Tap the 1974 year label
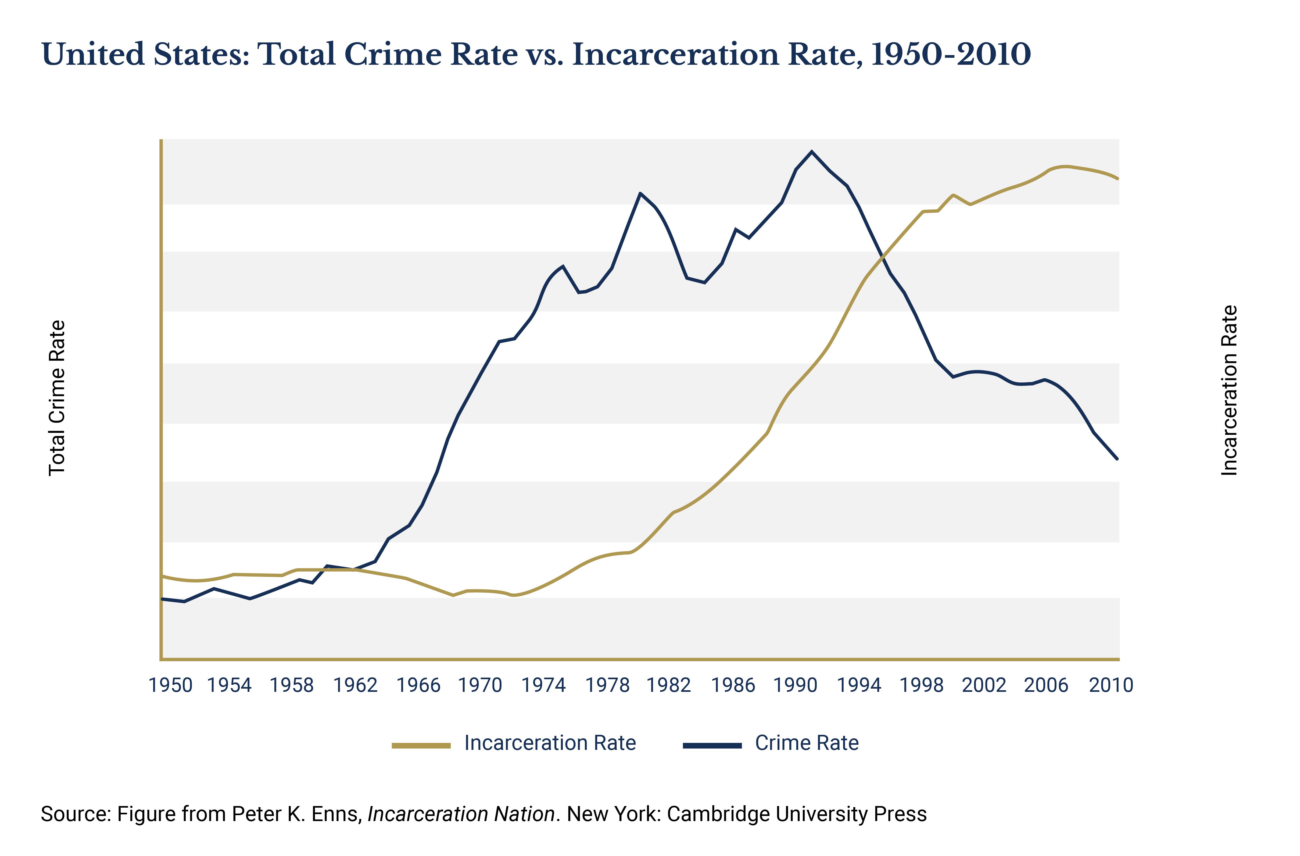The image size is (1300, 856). click(543, 685)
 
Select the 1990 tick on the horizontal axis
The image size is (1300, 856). click(795, 685)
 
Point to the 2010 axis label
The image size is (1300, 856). click(1111, 685)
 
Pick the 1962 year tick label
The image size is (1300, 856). click(356, 685)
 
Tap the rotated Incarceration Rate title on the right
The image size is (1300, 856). click(1229, 390)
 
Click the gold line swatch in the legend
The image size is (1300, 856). click(421, 745)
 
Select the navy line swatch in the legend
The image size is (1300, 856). click(712, 745)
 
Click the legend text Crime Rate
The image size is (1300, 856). click(807, 743)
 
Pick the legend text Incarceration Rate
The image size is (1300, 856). click(550, 743)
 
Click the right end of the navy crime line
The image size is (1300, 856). click(1118, 459)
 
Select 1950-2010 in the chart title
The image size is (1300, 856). click(950, 55)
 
